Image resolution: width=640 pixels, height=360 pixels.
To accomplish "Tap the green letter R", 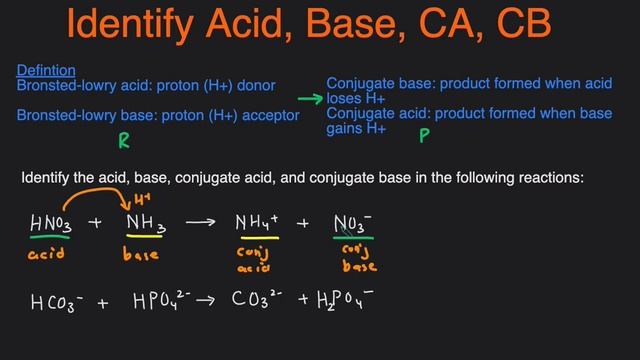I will coord(124,141).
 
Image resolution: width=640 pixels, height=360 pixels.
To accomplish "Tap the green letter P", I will coord(424,133).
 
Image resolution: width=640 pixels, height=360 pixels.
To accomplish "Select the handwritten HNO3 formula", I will coord(51,223).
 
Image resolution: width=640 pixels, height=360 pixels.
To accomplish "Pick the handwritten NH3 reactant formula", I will coord(144,223).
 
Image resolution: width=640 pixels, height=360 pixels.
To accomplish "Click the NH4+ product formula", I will coord(257,223).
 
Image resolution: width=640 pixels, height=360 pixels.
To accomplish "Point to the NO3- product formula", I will coord(353,223).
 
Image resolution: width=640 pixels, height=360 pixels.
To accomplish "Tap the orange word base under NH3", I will coord(140,255).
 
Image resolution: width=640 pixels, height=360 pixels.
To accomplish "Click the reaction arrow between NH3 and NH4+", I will coord(200,222).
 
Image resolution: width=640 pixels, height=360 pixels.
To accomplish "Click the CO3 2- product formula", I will coord(258,298).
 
